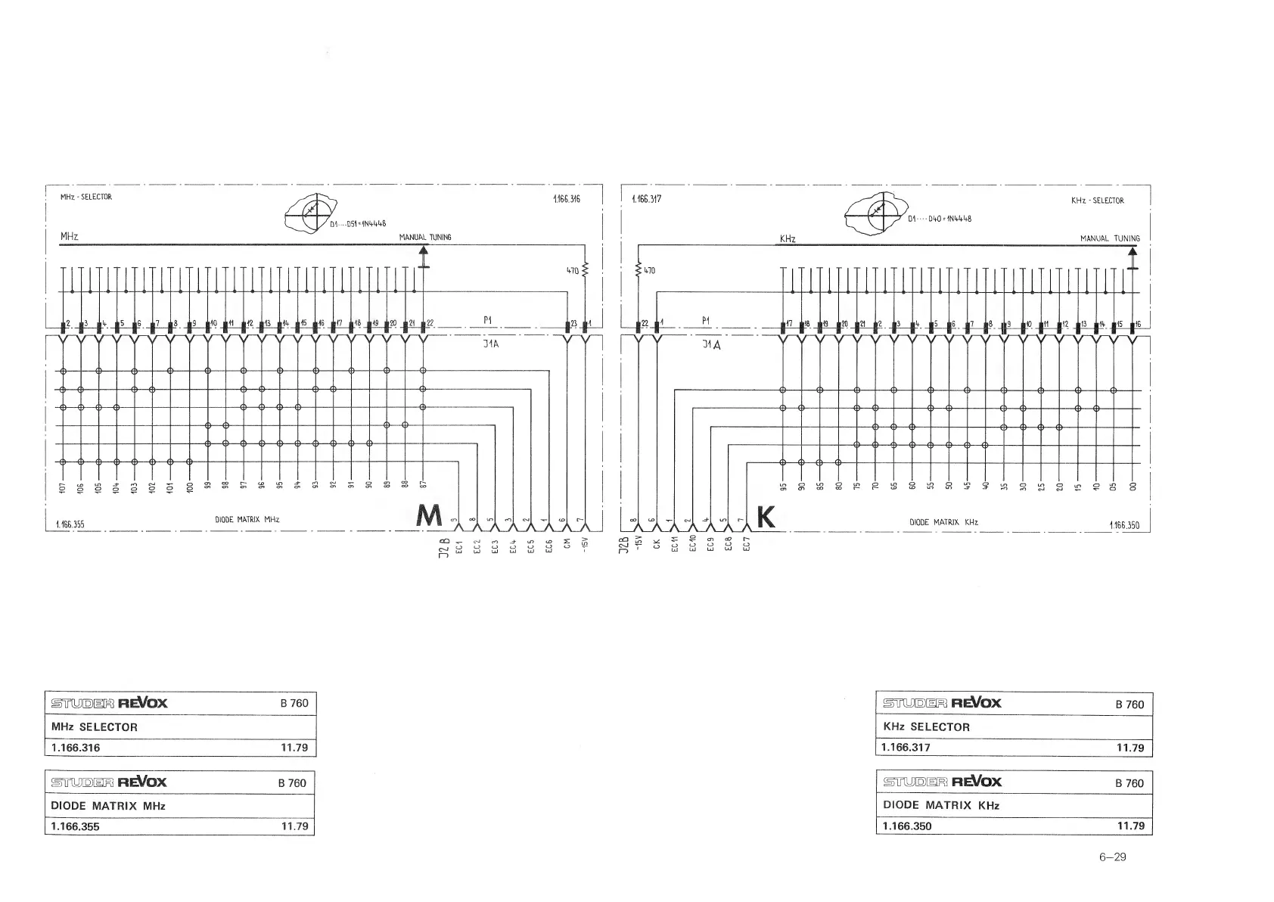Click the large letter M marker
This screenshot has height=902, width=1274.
pos(429,517)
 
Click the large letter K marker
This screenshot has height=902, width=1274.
pos(766,518)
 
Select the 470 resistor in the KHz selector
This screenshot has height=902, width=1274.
pos(640,270)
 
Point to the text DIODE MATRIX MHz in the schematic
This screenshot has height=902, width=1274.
pos(247,520)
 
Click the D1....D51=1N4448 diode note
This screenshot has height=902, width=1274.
pos(358,223)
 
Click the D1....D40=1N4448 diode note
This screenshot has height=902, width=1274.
pos(939,219)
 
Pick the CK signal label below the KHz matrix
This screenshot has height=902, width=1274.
pos(657,544)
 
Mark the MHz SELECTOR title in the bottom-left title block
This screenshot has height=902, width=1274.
pos(95,727)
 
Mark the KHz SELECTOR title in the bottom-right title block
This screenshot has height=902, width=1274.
pos(926,727)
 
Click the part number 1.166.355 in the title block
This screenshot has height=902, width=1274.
pos(75,826)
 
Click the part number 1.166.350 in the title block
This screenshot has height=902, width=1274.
pos(907,826)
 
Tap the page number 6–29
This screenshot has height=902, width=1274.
pos(1113,857)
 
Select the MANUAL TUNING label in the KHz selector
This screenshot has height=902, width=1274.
pos(1110,238)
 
